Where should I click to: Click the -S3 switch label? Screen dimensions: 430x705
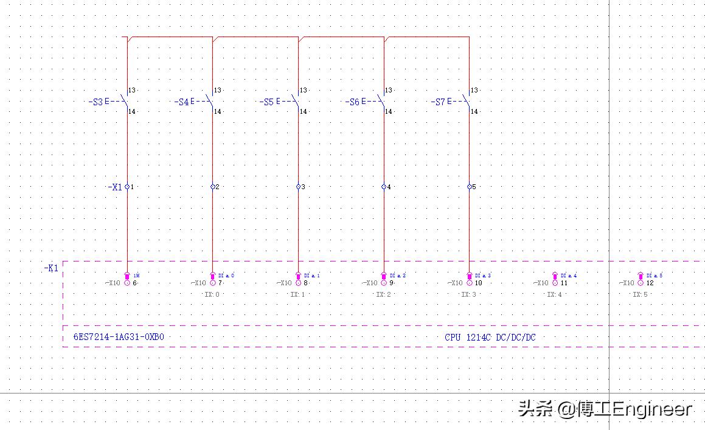(x=96, y=102)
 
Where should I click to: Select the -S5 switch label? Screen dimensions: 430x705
(x=266, y=102)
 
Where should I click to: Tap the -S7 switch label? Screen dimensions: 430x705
(x=438, y=102)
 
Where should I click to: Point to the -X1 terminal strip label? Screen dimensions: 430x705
(x=115, y=187)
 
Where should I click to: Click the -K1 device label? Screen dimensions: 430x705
(x=51, y=268)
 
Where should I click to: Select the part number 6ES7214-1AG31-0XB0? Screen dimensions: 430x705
(x=119, y=337)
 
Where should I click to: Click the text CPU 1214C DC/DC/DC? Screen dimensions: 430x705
(x=490, y=337)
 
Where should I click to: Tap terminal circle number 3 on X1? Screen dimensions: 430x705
(x=299, y=187)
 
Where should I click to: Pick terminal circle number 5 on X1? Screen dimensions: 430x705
(x=470, y=187)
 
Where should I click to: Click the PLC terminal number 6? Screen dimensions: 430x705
(x=135, y=283)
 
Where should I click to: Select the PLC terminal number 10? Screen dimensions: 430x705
(x=479, y=283)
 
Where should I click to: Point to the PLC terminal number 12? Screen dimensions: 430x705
(x=650, y=283)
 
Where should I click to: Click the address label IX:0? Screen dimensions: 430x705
(x=212, y=294)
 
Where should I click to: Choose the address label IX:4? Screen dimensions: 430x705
(x=554, y=294)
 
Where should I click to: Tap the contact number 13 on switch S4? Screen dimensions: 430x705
(x=217, y=90)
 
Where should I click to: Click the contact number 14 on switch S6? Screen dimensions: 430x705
(x=388, y=111)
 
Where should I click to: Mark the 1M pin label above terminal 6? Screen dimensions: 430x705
(x=136, y=276)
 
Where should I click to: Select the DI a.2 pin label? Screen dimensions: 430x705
(x=397, y=276)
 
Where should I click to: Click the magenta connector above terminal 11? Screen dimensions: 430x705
(x=555, y=276)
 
